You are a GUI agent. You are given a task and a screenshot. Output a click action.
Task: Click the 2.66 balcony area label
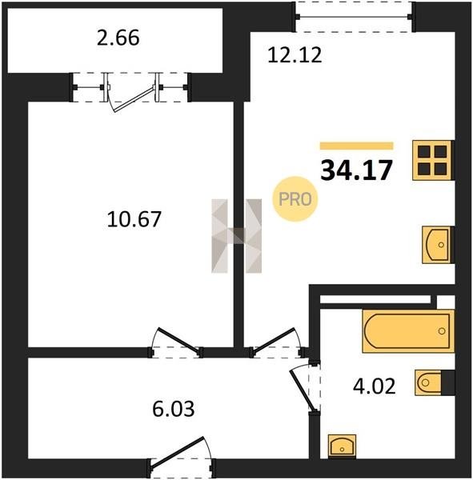click(118, 38)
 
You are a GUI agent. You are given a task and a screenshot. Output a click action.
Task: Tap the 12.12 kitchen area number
click(295, 55)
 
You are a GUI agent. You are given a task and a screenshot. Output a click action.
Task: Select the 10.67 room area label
click(134, 219)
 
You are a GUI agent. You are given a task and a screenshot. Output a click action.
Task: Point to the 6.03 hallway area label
click(174, 409)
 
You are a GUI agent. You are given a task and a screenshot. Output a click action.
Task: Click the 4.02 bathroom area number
click(375, 386)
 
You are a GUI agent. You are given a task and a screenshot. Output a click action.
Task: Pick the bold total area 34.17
click(356, 170)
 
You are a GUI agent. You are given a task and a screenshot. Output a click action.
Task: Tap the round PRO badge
click(295, 199)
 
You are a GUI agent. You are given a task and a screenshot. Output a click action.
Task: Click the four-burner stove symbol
click(432, 160)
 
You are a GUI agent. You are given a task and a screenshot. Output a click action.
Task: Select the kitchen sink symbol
click(437, 245)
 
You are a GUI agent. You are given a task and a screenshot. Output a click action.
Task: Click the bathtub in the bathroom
click(408, 331)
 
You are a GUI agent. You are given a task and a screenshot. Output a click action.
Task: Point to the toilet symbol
click(435, 382)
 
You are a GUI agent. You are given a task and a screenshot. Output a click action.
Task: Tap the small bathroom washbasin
click(342, 446)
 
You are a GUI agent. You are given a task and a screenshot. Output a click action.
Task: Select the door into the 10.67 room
click(178, 341)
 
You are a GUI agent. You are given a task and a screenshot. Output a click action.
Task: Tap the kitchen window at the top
click(355, 16)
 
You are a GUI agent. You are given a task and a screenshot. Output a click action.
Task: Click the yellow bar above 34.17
click(357, 146)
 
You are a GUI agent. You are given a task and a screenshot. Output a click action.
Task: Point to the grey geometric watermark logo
click(237, 236)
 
